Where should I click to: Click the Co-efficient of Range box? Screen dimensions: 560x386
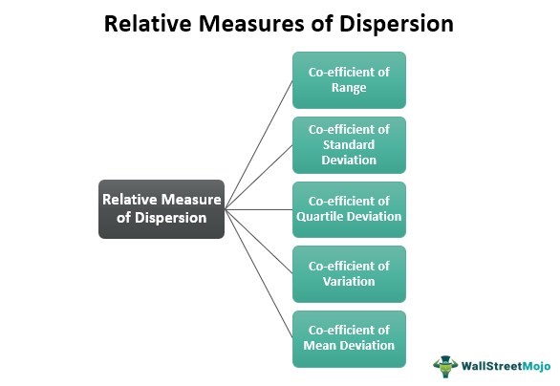point(349,80)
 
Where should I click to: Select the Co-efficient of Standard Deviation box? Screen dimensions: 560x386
point(349,145)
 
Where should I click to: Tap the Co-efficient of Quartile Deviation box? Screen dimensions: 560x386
point(349,209)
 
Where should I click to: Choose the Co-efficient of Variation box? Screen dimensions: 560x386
point(349,274)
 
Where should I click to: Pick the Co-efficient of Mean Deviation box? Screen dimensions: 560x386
point(349,339)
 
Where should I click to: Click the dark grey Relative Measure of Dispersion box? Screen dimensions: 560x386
point(162,209)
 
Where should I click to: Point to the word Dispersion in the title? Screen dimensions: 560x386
point(397,24)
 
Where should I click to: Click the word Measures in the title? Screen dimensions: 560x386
point(251,24)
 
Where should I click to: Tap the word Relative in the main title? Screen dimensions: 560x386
point(148,24)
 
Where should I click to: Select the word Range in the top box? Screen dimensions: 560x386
point(349,88)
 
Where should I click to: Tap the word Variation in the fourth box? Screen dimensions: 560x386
point(349,281)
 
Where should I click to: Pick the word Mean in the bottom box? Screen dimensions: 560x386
point(317,345)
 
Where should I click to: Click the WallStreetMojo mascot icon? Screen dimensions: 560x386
point(445,366)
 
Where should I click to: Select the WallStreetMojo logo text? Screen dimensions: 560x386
point(506,366)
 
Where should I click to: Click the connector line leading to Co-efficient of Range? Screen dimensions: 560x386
point(259,145)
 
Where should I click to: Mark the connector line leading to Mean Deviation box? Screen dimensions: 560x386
point(259,274)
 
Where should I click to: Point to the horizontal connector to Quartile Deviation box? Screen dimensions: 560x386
point(259,209)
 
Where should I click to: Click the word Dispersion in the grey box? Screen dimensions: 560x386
point(171,218)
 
